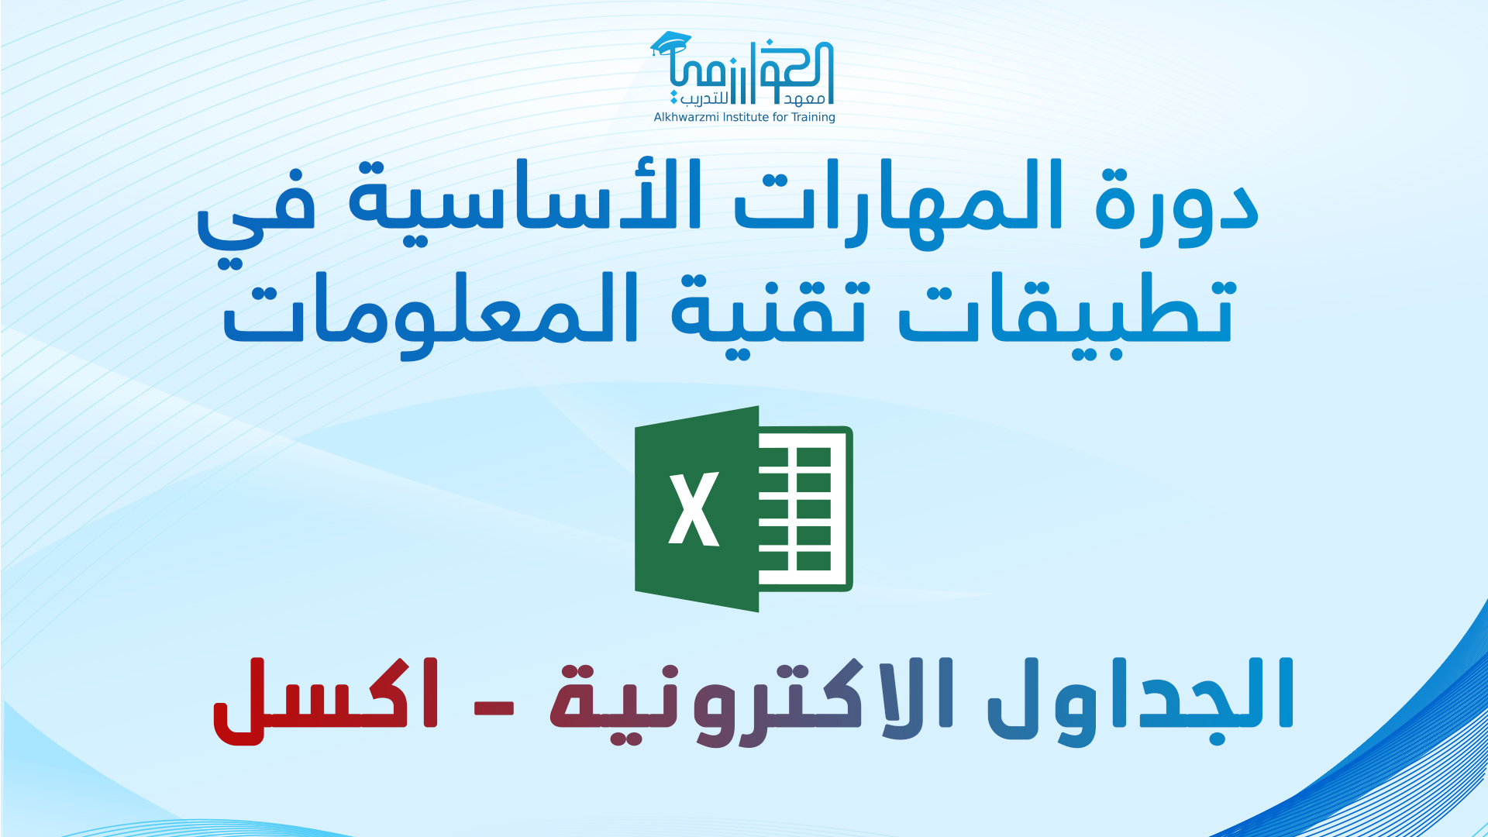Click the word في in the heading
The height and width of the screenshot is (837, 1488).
[x=256, y=217]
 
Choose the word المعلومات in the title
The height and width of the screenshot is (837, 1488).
[x=430, y=314]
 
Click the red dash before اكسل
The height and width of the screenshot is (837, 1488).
[x=494, y=708]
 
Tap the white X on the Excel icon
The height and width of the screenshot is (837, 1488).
[x=694, y=509]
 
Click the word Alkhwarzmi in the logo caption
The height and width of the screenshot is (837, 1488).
[x=687, y=117]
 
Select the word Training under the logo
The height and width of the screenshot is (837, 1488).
[x=813, y=118]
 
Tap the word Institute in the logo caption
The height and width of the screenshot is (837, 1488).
[x=746, y=117]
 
